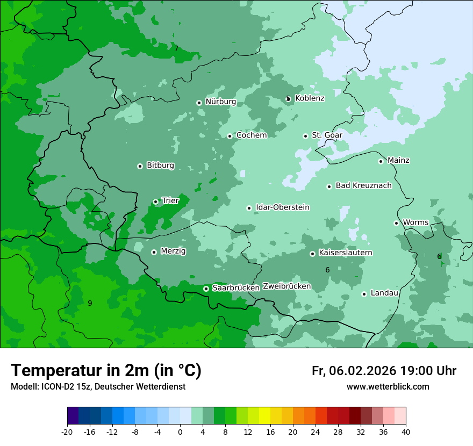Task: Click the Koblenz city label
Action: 310,98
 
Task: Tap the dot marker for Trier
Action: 155,202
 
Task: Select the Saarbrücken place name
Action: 236,288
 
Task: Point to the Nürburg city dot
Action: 199,103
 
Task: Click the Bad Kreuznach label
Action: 363,186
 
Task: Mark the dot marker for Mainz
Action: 381,161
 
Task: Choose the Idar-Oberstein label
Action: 283,207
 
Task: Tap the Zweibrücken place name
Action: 286,286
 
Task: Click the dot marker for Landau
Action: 364,294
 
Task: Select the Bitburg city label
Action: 160,166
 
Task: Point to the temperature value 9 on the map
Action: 90,303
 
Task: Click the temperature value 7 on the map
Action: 176,49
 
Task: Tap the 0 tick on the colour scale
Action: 180,431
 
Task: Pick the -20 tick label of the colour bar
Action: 67,431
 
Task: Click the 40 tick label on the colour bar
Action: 406,431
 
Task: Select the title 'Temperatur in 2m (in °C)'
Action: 106,370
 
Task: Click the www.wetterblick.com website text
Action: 388,386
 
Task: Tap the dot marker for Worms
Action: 396,223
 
